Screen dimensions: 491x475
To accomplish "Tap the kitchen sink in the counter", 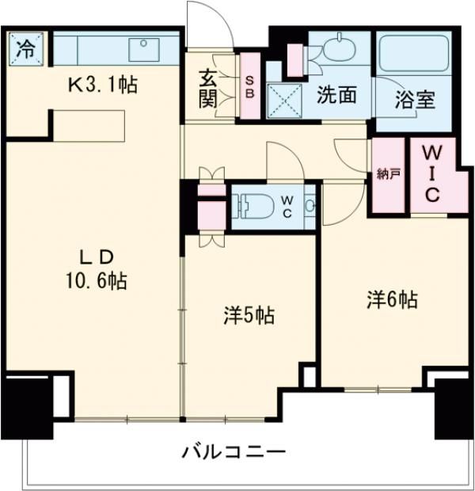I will coord(144,48).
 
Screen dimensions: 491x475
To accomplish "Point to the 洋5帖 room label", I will coord(247,315).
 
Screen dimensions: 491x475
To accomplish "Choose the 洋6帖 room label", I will coord(391,299).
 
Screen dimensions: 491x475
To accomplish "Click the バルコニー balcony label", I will coord(234,452).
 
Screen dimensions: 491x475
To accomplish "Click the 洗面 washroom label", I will coord(337,95).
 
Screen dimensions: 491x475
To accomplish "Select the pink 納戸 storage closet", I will coord(388,176).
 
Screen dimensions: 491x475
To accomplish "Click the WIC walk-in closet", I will coord(432,174).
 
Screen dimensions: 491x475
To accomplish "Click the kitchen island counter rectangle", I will coord(89,124).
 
